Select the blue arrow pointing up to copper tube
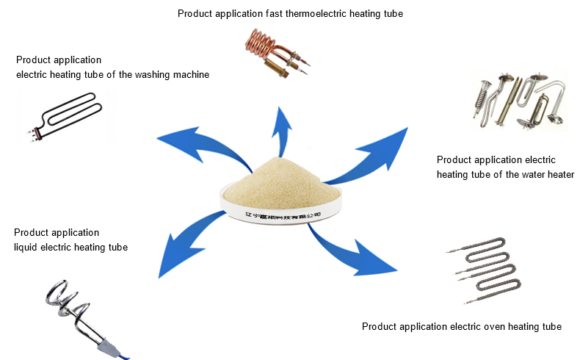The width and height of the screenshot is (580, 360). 283,129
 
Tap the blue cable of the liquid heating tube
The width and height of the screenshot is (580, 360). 125,353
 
